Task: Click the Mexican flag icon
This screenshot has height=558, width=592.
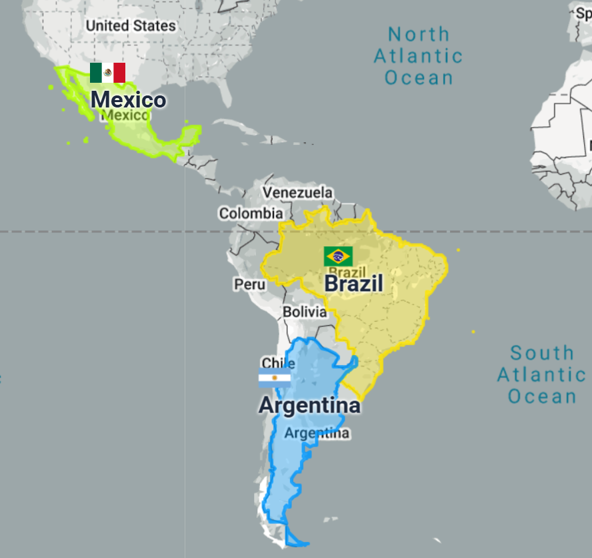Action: tap(107, 73)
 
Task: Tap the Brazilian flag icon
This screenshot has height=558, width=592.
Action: tap(338, 256)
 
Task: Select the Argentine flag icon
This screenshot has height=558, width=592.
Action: tap(275, 378)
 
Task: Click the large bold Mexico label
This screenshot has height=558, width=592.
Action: tap(128, 100)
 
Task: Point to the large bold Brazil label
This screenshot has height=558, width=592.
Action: tap(353, 284)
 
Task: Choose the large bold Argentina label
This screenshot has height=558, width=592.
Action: tap(309, 405)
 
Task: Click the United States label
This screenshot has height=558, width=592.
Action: tap(131, 25)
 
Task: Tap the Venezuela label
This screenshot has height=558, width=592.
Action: tap(297, 193)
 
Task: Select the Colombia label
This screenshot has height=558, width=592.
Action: tap(251, 214)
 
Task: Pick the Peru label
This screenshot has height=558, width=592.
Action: tap(249, 284)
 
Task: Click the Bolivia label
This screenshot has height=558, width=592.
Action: tap(305, 312)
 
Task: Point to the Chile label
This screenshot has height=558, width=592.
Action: tap(279, 363)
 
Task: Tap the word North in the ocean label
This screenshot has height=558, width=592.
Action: tap(419, 34)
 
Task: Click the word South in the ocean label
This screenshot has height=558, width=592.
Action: tap(542, 353)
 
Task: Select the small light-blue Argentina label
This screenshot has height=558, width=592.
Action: tap(317, 433)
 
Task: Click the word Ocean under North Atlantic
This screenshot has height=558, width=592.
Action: tap(419, 77)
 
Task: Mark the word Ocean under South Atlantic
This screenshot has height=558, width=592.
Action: tap(542, 396)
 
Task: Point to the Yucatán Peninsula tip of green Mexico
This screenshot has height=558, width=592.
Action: tap(192, 129)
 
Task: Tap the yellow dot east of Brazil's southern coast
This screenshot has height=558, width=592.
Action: tap(473, 332)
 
